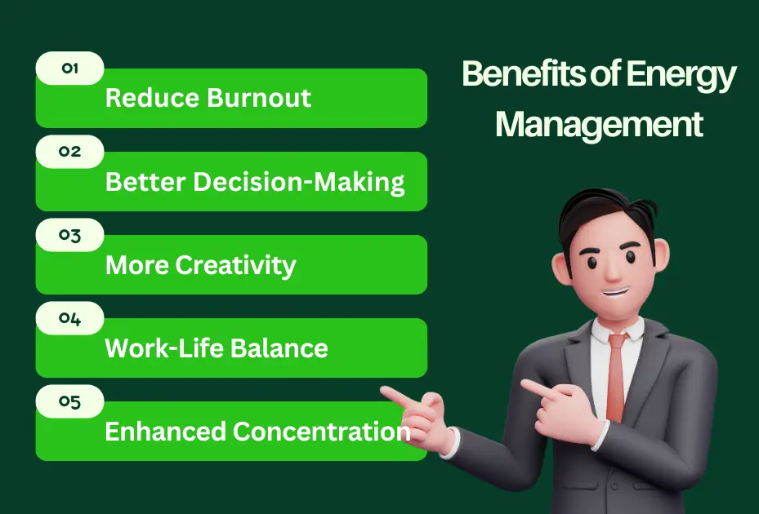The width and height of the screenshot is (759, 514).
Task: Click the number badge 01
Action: coord(70,69)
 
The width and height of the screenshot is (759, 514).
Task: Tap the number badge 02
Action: coord(70,152)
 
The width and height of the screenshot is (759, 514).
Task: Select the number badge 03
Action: coord(70,235)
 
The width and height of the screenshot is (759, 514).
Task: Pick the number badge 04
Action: coord(70,318)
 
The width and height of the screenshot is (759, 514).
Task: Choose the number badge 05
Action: coord(70,401)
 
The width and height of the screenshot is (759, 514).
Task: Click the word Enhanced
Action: coord(166,432)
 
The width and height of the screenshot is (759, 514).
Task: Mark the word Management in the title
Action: coord(599,125)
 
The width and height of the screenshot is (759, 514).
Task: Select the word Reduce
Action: coord(152,99)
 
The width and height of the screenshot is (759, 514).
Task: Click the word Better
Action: coord(145,182)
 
